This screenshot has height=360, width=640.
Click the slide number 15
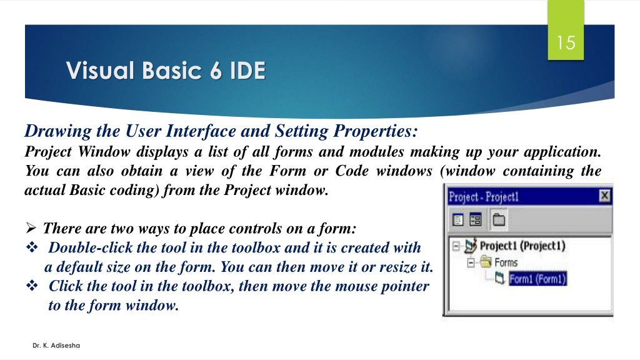566,43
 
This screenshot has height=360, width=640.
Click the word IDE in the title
247,71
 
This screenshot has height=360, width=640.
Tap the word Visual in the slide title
101,71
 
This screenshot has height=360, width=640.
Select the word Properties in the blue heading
376,131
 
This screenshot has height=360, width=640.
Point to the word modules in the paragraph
376,152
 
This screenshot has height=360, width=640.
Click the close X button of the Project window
604,196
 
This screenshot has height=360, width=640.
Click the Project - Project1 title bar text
484,197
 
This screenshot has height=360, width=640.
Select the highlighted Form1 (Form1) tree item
538,279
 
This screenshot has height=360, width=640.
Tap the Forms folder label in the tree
506,262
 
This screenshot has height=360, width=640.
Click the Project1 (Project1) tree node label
522,246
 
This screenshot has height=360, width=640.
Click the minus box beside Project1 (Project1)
456,246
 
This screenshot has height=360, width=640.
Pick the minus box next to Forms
471,262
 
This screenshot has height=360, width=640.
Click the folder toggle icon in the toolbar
499,219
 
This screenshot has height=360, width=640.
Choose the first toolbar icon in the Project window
458,219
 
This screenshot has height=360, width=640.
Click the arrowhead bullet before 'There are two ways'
31,227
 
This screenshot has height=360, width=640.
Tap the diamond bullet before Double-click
32,247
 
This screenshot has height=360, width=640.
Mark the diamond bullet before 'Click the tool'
32,285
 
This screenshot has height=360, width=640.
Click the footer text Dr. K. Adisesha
56,345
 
